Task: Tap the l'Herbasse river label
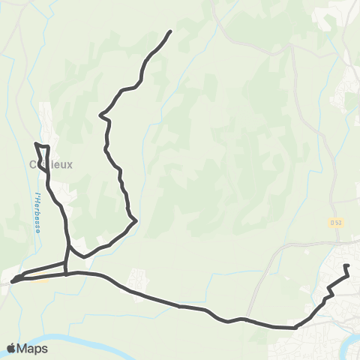37,214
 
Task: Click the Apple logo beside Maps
11,348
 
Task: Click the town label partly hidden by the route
50,165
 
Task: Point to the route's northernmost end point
171,31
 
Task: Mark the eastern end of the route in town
345,266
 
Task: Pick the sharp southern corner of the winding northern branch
135,220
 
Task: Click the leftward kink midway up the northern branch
102,115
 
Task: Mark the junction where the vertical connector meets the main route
66,274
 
